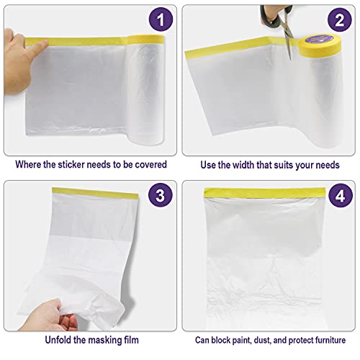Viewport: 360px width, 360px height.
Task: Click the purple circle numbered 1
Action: coord(161,19)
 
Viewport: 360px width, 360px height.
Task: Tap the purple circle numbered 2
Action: coord(340,19)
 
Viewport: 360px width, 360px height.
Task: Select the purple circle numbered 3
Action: coord(161,195)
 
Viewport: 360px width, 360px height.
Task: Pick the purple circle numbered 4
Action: coord(341,196)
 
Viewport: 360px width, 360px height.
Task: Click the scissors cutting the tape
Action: coord(279,24)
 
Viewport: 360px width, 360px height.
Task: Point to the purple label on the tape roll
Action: coord(318,39)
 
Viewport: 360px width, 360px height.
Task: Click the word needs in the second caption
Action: coord(328,166)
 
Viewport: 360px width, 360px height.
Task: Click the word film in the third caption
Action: coord(131,340)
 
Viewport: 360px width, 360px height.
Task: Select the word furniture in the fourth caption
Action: coord(330,340)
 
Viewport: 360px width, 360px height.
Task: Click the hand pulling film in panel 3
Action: coord(48,315)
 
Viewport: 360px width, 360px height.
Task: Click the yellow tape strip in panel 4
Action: coord(265,193)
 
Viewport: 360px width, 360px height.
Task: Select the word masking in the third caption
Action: coord(104,341)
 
